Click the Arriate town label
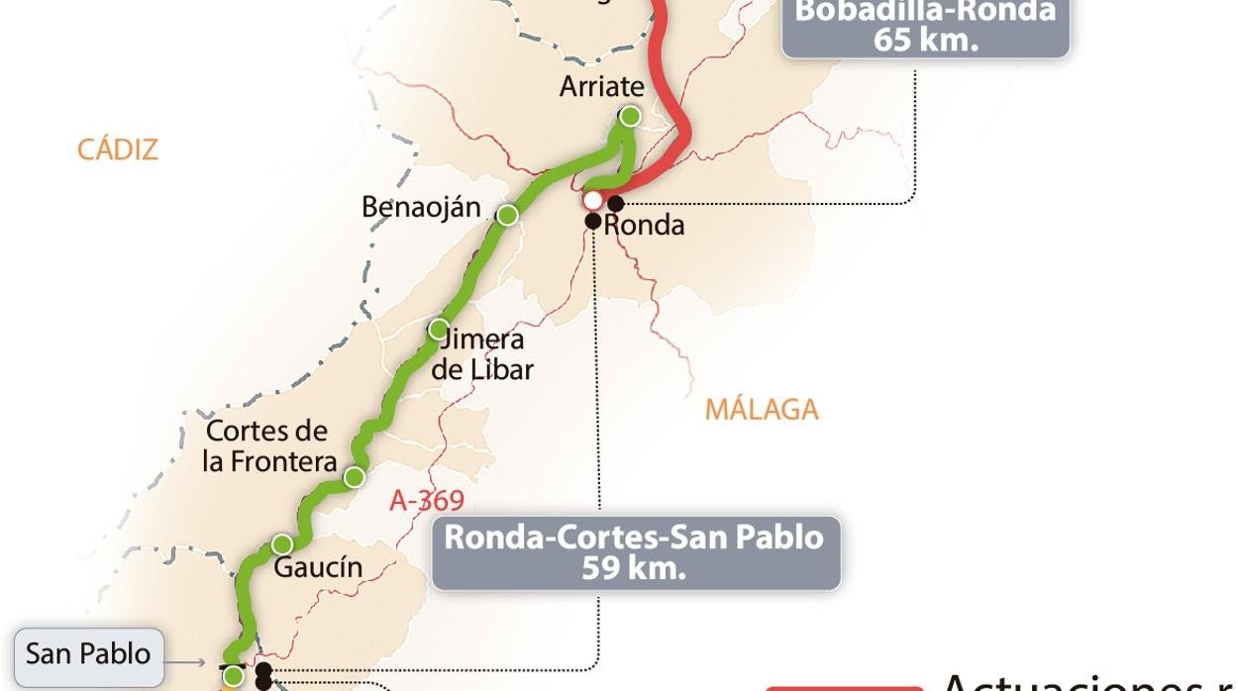601,86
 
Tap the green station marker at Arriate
630,117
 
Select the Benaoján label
421,207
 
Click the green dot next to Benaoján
507,215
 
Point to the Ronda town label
644,225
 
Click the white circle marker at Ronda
592,200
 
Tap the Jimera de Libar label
482,354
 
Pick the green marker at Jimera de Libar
438,329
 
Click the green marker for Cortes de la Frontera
354,477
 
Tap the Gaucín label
318,568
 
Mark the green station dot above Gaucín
282,544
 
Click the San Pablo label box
88,654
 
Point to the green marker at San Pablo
233,676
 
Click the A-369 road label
427,501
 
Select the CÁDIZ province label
118,149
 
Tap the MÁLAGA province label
762,409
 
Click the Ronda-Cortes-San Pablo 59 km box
635,552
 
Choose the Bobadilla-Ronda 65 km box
925,27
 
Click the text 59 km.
634,569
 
